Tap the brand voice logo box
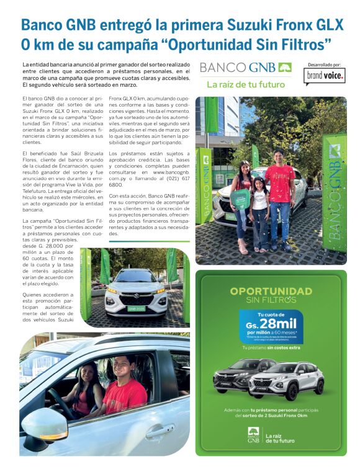pos(325,76)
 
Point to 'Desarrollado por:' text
pos(325,64)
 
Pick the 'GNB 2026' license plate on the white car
pos(136,308)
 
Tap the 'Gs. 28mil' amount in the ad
pos(271,323)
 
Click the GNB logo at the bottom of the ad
pos(253,434)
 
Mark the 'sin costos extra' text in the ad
pos(280,348)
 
